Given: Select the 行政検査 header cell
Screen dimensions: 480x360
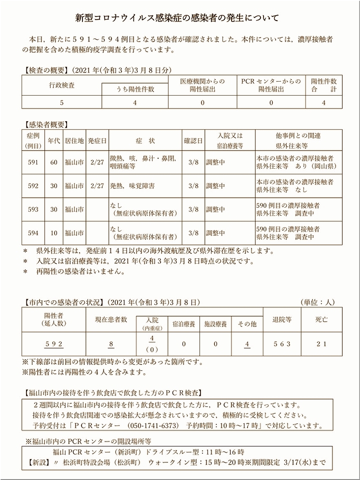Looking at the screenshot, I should click(62, 85).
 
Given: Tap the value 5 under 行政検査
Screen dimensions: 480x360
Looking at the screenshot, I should click(62, 103).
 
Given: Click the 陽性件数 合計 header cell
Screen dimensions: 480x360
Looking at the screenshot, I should click(324, 85).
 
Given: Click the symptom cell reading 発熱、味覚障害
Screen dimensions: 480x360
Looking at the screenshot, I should click(132, 186).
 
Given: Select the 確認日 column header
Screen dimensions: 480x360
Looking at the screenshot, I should click(193, 141).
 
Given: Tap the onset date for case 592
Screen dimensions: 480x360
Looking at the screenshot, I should click(97, 186).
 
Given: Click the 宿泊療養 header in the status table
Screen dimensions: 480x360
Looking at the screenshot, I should click(183, 324).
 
